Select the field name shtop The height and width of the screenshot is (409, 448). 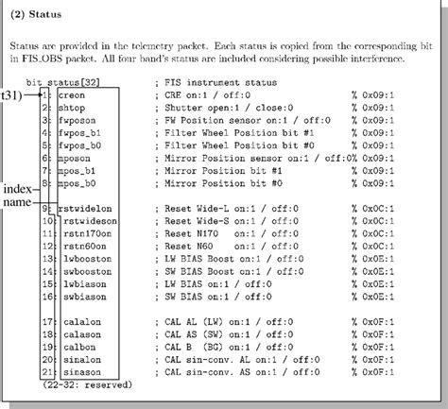click(71, 109)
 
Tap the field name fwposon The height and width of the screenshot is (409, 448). click(78, 121)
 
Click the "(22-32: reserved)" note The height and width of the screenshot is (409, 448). click(83, 384)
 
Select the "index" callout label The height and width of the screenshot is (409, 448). click(18, 189)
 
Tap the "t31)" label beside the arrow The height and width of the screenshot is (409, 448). click(13, 96)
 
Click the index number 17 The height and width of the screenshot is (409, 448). click(48, 320)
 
